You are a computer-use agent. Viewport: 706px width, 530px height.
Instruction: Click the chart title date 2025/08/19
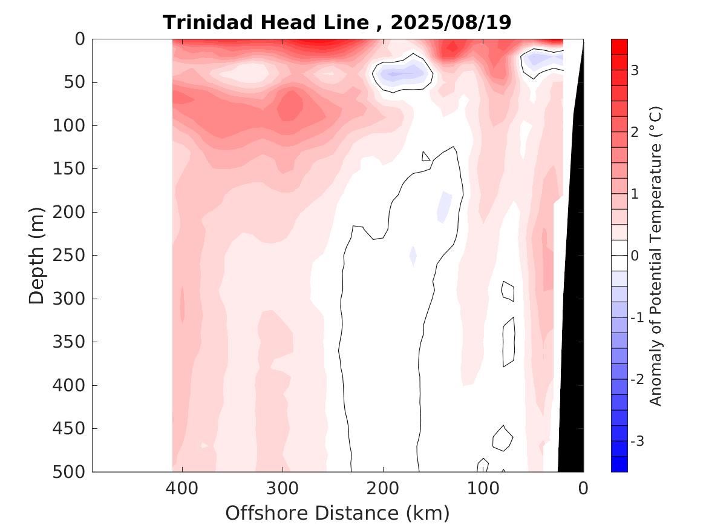(451, 22)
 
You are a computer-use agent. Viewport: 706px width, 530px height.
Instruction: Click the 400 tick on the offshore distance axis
(182, 488)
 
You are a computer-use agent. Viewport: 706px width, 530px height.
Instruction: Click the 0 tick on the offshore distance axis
(583, 488)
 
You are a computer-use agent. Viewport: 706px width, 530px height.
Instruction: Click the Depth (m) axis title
(37, 255)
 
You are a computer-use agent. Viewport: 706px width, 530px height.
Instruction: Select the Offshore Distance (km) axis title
(338, 513)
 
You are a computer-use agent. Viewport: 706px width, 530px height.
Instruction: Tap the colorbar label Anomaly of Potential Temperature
(656, 255)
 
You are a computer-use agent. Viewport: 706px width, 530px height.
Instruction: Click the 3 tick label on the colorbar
(635, 70)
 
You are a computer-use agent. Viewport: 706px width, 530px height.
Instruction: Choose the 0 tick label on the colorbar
(635, 256)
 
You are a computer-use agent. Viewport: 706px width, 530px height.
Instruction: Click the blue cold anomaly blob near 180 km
(400, 75)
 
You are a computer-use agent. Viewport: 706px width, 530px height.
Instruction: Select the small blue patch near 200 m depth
(445, 205)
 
